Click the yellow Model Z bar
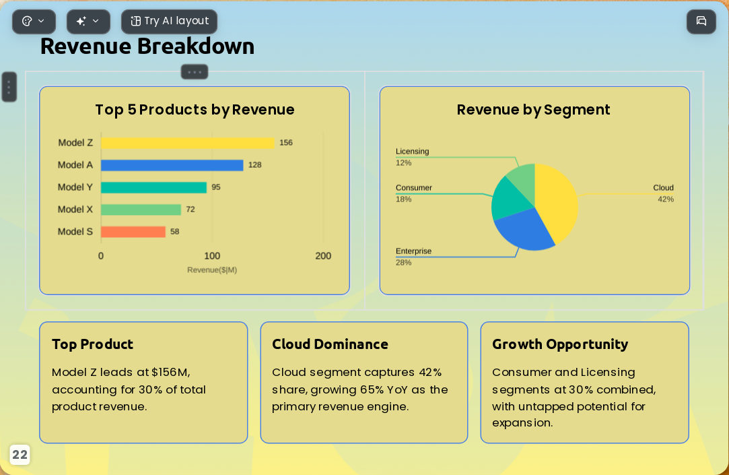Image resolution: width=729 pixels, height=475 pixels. (188, 143)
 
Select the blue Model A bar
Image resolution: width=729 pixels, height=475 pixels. (172, 165)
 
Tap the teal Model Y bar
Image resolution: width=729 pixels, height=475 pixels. (154, 187)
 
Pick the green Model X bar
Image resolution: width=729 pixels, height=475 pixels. (141, 210)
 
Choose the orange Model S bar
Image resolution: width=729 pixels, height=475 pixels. (133, 232)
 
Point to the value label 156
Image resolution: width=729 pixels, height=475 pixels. (286, 143)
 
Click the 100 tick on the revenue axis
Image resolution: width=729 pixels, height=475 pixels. (212, 256)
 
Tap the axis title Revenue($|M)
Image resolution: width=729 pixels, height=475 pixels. (212, 270)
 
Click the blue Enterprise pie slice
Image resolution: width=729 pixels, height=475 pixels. (523, 230)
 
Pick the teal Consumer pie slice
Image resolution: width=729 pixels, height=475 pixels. (509, 200)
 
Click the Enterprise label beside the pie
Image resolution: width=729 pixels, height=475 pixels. (413, 251)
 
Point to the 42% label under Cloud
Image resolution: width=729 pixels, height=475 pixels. (665, 199)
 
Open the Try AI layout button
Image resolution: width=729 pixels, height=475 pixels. (169, 22)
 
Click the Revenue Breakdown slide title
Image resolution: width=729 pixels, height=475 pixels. (147, 46)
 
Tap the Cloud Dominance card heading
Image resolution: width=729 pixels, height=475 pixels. (330, 344)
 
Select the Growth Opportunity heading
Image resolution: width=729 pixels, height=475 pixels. (560, 344)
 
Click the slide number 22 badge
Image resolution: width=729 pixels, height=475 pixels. (20, 455)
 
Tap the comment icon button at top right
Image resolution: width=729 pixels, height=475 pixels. (701, 22)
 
